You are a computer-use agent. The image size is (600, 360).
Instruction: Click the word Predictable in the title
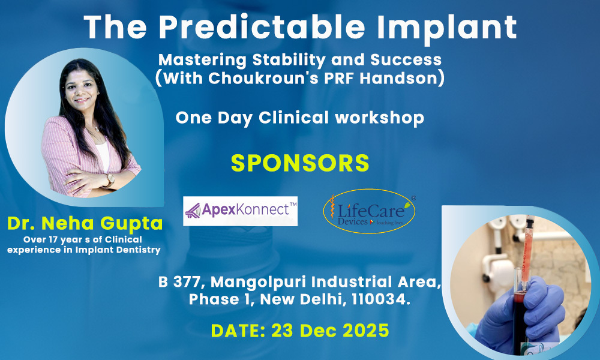click(262, 27)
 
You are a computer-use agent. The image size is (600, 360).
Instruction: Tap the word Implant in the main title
click(446, 27)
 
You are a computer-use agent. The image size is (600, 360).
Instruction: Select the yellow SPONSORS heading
click(300, 163)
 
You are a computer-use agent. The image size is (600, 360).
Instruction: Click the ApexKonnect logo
click(241, 211)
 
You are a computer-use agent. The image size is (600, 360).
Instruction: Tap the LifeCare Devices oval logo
click(369, 211)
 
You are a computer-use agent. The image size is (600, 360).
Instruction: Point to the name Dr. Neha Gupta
click(85, 223)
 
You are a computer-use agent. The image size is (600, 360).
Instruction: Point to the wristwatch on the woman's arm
click(110, 180)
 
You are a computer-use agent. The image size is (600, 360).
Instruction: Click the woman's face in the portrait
click(81, 88)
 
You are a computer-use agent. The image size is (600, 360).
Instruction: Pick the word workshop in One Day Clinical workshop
click(380, 118)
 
